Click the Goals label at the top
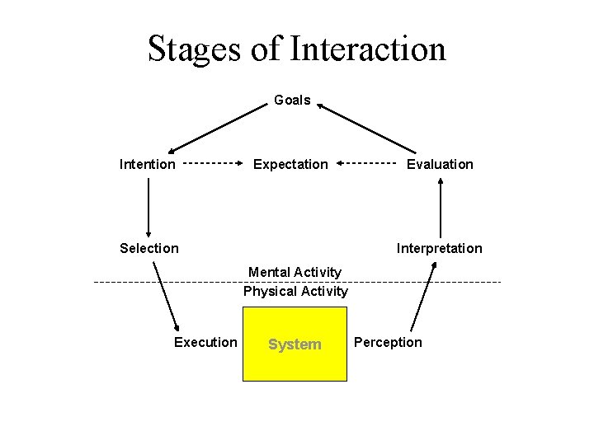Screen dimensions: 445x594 (292, 101)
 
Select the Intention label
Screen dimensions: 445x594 (148, 164)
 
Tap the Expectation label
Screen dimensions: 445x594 (290, 164)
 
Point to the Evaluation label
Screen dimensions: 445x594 (440, 164)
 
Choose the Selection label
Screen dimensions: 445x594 (148, 248)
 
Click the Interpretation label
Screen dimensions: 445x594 (439, 248)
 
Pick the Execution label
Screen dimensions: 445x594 (205, 342)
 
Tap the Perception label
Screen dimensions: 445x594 (388, 342)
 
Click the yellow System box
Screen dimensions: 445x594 (295, 344)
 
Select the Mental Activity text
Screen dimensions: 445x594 (295, 272)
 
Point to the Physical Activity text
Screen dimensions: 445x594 (295, 291)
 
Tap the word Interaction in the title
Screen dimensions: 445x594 (368, 49)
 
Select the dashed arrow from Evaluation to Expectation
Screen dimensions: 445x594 (367, 163)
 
